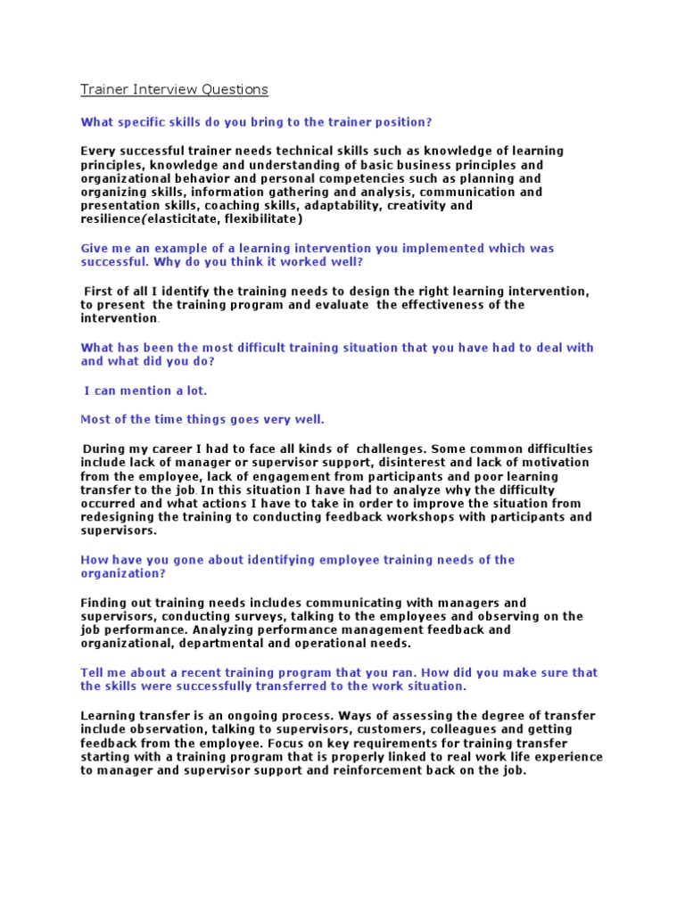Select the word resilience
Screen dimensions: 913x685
tap(111, 219)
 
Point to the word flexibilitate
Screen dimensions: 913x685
tap(263, 219)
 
